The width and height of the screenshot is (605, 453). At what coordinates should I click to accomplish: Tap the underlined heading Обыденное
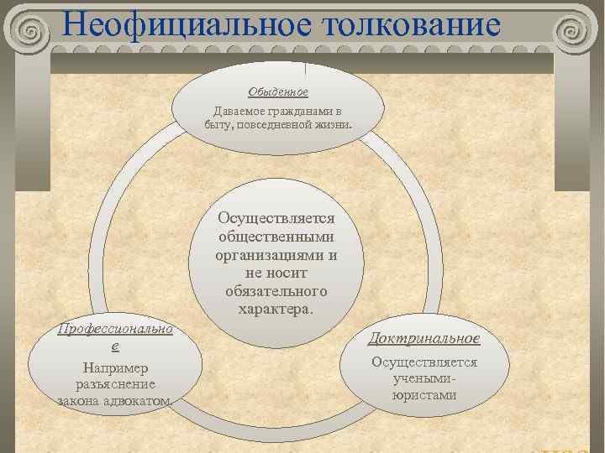pos(278,91)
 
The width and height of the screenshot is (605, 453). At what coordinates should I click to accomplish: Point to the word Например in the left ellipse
pos(115,367)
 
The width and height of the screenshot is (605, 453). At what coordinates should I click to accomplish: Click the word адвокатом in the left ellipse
pos(143,400)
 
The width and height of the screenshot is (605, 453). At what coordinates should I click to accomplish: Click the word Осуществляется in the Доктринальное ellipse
pos(425,362)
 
